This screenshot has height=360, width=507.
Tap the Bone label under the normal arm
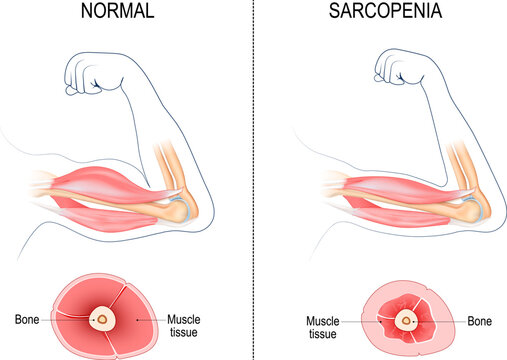pos(29,320)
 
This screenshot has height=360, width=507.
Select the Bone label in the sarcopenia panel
pos(480,322)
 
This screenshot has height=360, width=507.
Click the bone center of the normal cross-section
pos(102,320)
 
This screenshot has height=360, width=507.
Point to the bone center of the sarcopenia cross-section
pos(406,321)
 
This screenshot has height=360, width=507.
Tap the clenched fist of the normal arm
pos(91,73)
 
